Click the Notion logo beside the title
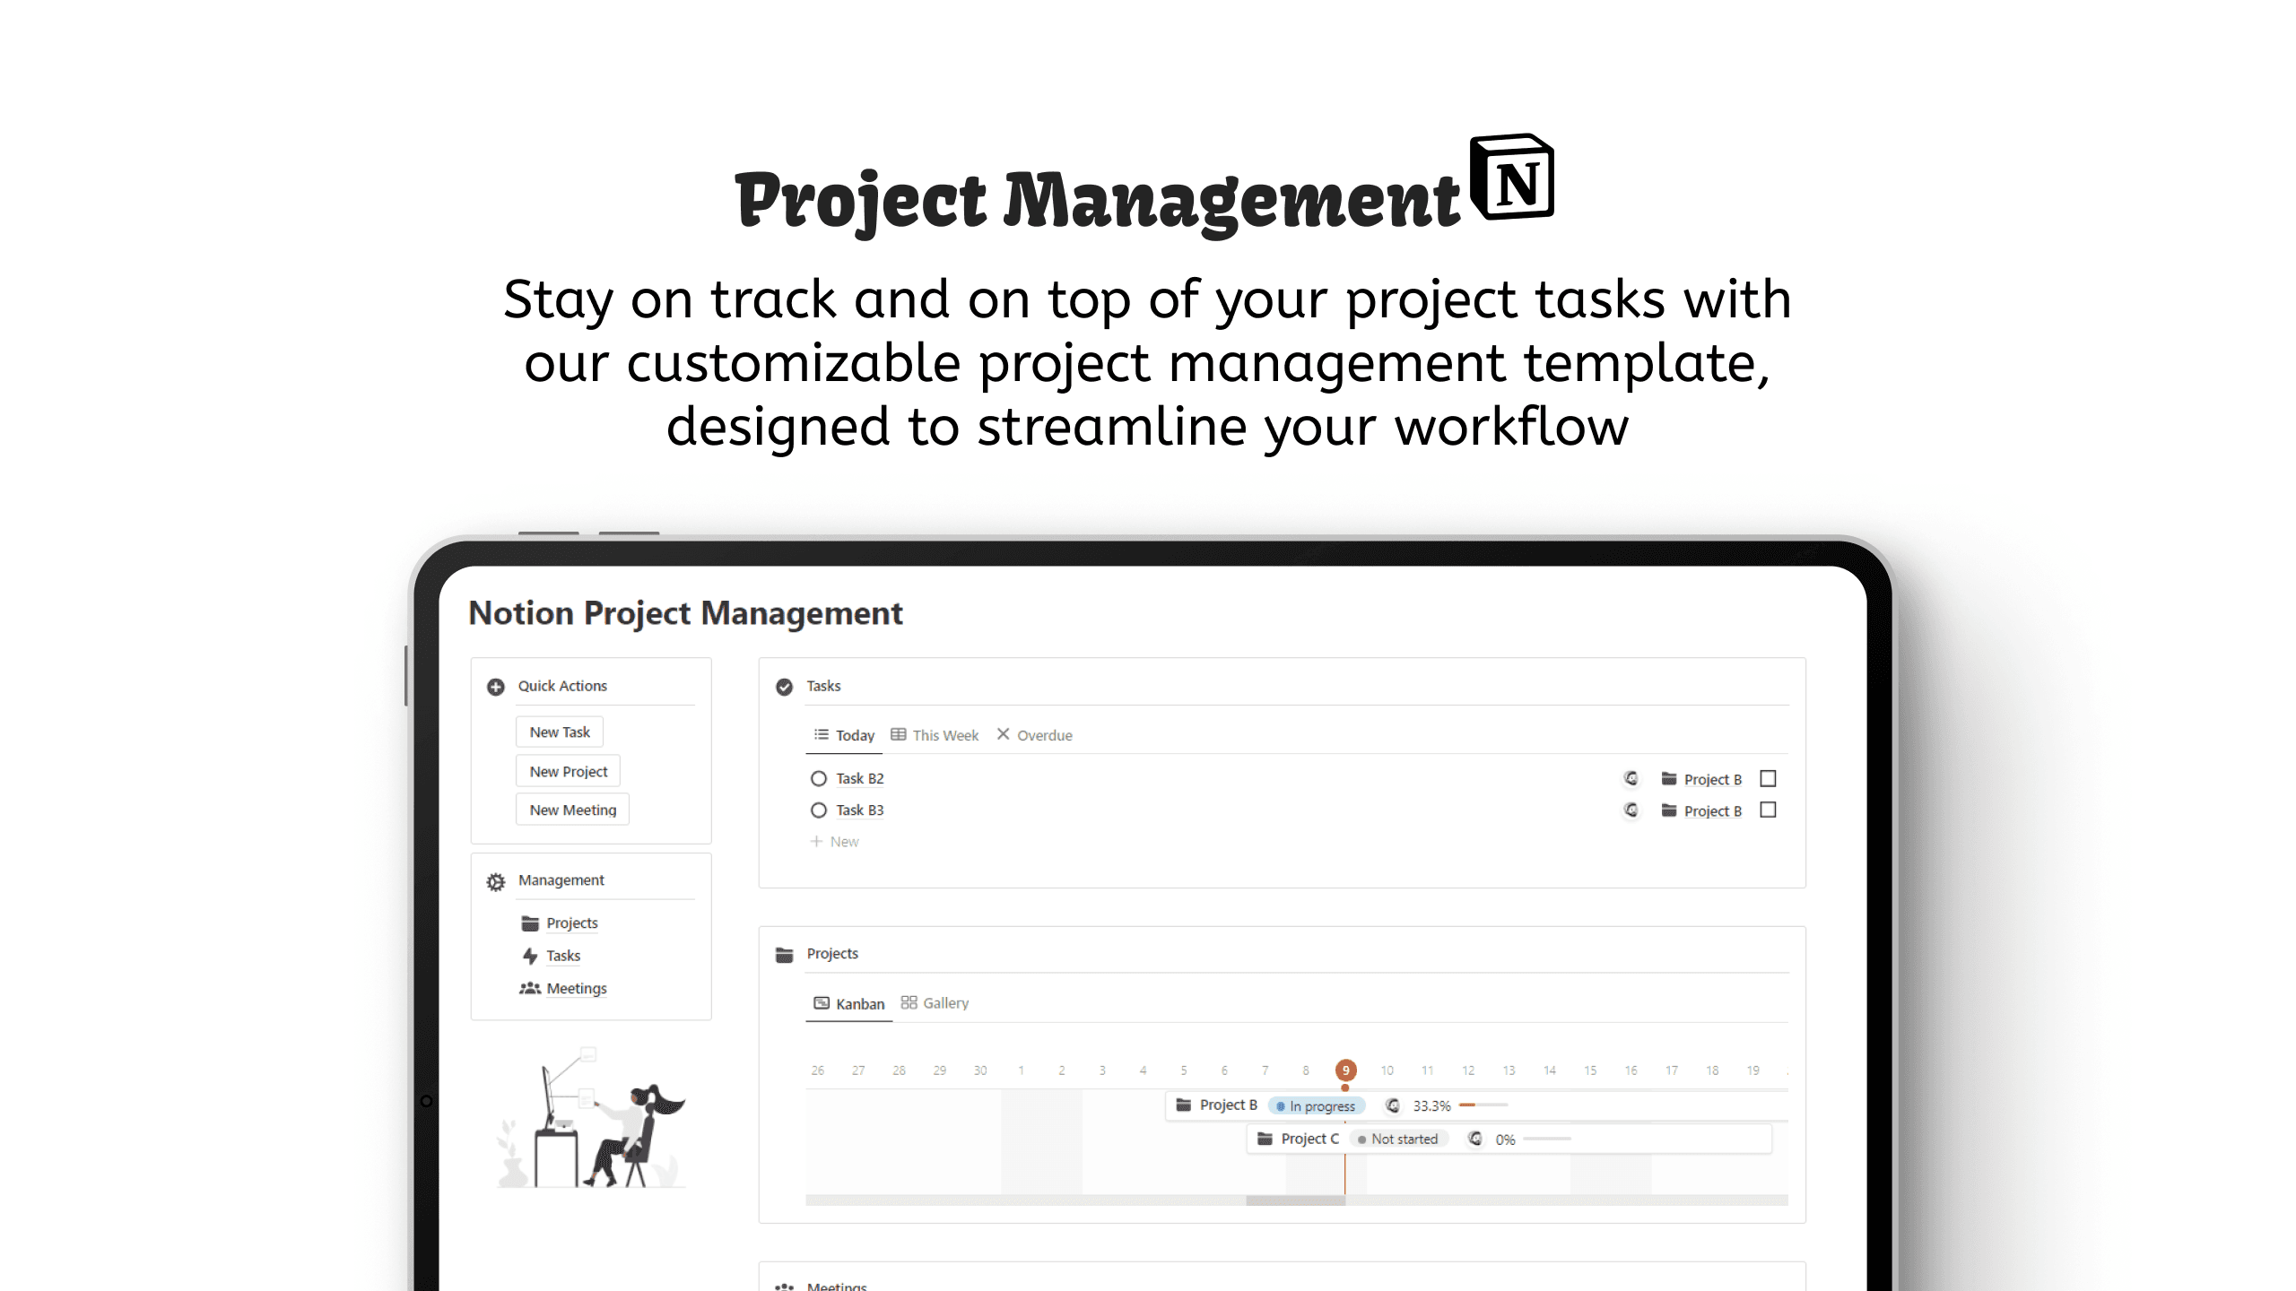coord(1512,178)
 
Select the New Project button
coord(568,771)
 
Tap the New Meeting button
coord(572,810)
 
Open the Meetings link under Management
coord(576,988)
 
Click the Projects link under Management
coord(571,923)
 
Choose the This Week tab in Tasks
coord(935,735)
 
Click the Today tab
coord(844,735)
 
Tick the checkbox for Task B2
coord(1768,778)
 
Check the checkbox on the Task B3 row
coord(1768,810)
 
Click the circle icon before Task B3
coord(818,810)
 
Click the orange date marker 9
coord(1345,1070)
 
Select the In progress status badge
coord(1317,1106)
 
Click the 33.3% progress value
coord(1431,1106)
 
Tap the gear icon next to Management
coord(496,881)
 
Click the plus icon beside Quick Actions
coord(496,687)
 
